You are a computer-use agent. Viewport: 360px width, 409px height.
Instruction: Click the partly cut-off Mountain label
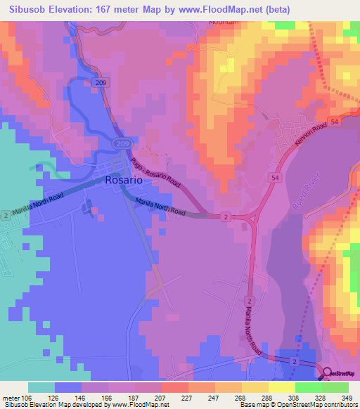(224, 22)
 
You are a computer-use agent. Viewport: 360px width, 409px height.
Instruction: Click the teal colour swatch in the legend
(41, 387)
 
